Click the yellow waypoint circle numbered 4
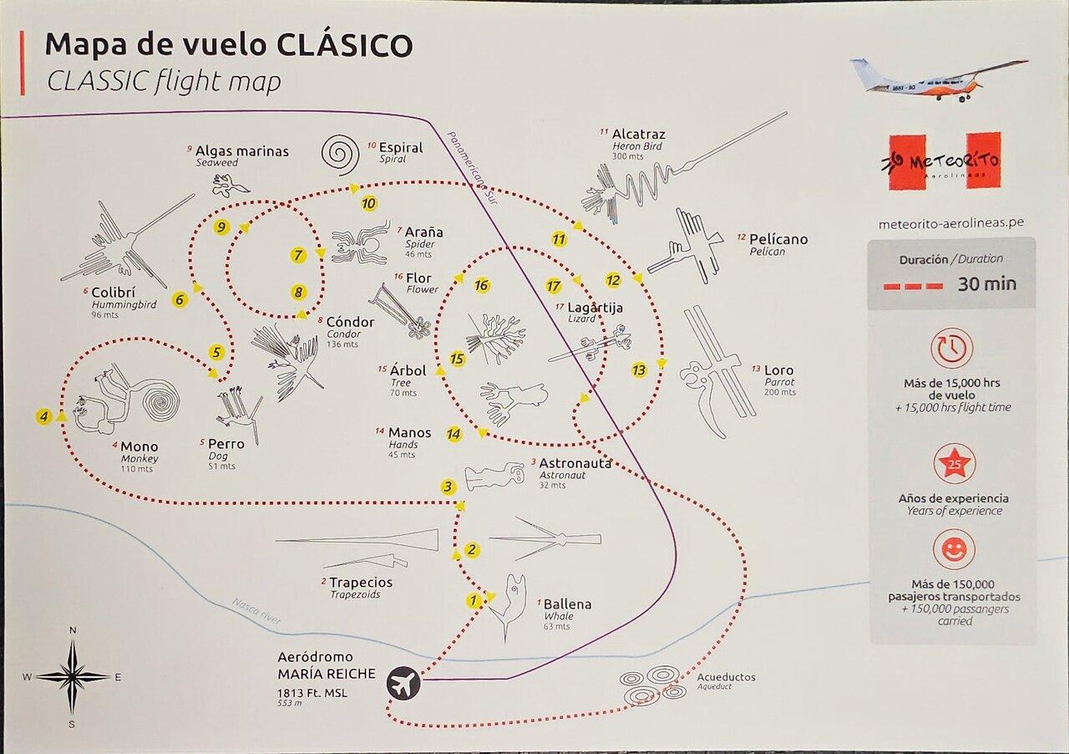click(x=44, y=416)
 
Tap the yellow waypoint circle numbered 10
click(x=368, y=204)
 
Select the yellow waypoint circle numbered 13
click(x=639, y=369)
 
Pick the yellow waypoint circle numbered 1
click(x=473, y=599)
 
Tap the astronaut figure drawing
click(x=494, y=476)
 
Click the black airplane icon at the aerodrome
click(x=403, y=683)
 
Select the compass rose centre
click(x=72, y=677)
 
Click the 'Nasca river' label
click(x=256, y=611)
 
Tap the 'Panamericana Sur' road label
click(x=472, y=168)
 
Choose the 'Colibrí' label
click(x=113, y=292)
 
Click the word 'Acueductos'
click(x=726, y=676)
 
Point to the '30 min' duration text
click(x=986, y=284)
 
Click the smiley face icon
click(x=954, y=550)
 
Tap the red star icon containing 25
click(x=954, y=464)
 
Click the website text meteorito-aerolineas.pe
click(x=950, y=223)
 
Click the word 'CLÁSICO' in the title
click(x=345, y=45)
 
